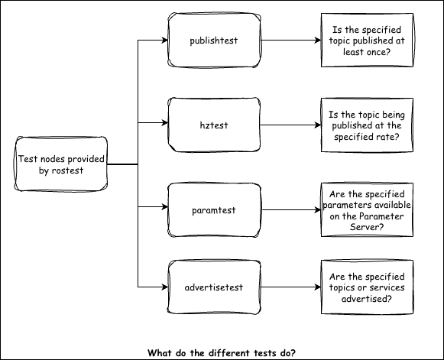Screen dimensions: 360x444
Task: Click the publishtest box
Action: [x=214, y=41]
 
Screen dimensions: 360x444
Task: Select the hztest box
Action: [x=214, y=122]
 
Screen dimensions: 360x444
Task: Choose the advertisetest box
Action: [x=214, y=288]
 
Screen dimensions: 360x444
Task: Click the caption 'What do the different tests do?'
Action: [x=222, y=352]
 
